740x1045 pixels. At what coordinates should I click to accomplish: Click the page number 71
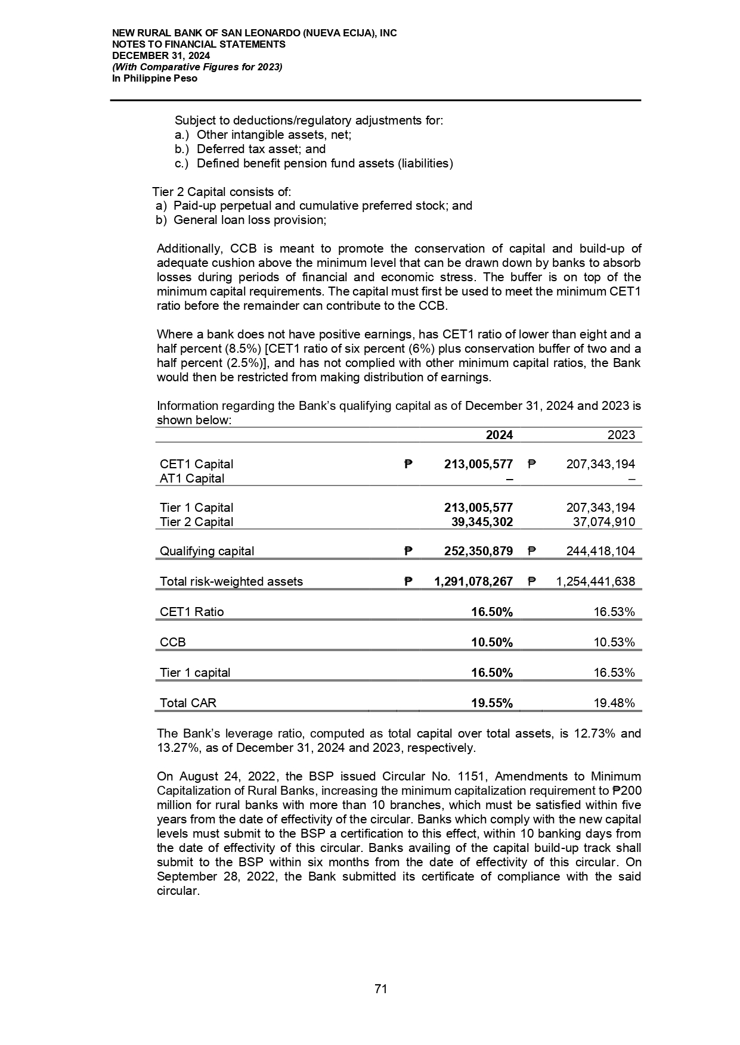click(381, 989)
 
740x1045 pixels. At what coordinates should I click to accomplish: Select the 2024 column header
click(499, 435)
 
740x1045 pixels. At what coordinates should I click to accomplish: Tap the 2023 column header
click(621, 435)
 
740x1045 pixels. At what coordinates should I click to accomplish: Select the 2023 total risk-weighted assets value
click(595, 581)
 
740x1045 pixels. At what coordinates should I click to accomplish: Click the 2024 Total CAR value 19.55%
click(492, 703)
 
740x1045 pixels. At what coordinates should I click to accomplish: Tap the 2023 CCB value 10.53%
click(614, 642)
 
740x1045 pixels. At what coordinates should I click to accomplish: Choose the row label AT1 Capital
click(192, 478)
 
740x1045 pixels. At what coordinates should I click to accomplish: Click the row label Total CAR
click(188, 703)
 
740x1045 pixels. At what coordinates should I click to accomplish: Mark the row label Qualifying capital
click(207, 551)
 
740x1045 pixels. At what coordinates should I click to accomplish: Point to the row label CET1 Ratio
click(192, 612)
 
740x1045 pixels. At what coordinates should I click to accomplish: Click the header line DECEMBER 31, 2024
click(160, 55)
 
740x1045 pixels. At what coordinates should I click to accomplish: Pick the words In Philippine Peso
click(154, 78)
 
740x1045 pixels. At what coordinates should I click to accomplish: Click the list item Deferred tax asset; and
click(261, 149)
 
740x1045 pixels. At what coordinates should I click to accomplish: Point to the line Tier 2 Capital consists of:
click(222, 192)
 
